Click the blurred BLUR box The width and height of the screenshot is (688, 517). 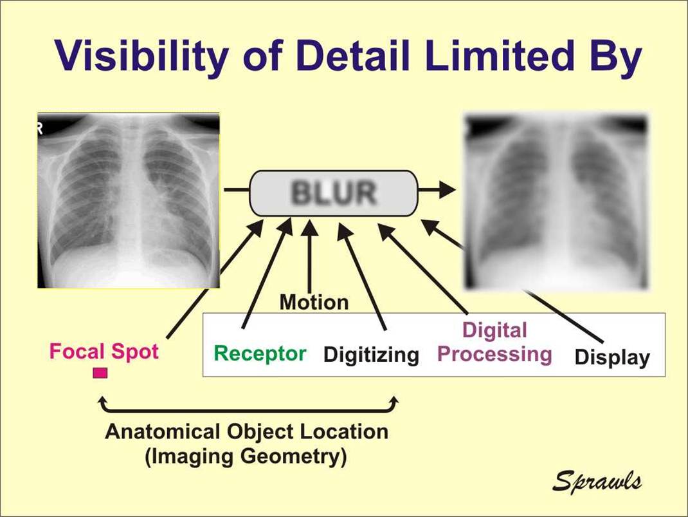pyautogui.click(x=333, y=193)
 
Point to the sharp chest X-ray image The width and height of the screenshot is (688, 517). pyautogui.click(x=129, y=200)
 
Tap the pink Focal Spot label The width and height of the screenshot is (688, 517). pyautogui.click(x=104, y=352)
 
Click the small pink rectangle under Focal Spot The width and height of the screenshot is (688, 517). pyautogui.click(x=100, y=373)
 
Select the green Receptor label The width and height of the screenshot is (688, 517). pyautogui.click(x=260, y=353)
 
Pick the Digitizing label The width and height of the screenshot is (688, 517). pyautogui.click(x=371, y=355)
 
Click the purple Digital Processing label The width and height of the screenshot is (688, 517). pyautogui.click(x=494, y=343)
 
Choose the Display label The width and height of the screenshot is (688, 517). pyautogui.click(x=611, y=357)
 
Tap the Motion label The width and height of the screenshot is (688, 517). pyautogui.click(x=314, y=302)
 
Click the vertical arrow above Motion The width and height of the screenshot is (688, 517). pyautogui.click(x=311, y=258)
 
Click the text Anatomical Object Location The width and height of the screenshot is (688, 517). pyautogui.click(x=246, y=431)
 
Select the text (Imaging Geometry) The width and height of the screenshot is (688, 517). pyautogui.click(x=246, y=456)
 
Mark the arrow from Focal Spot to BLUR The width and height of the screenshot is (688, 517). pyautogui.click(x=212, y=283)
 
